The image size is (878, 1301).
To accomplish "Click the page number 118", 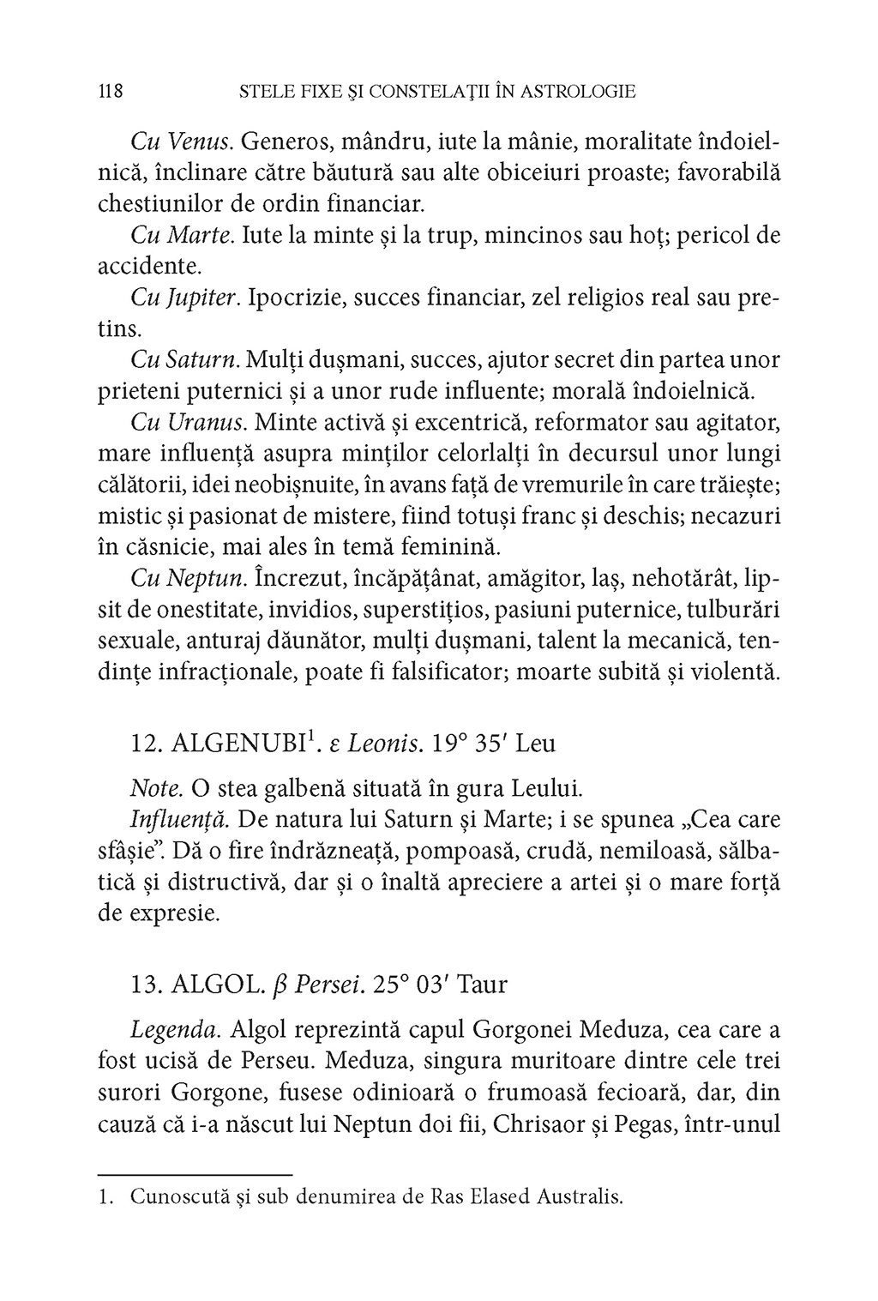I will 112,91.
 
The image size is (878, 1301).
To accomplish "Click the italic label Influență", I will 179,819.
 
